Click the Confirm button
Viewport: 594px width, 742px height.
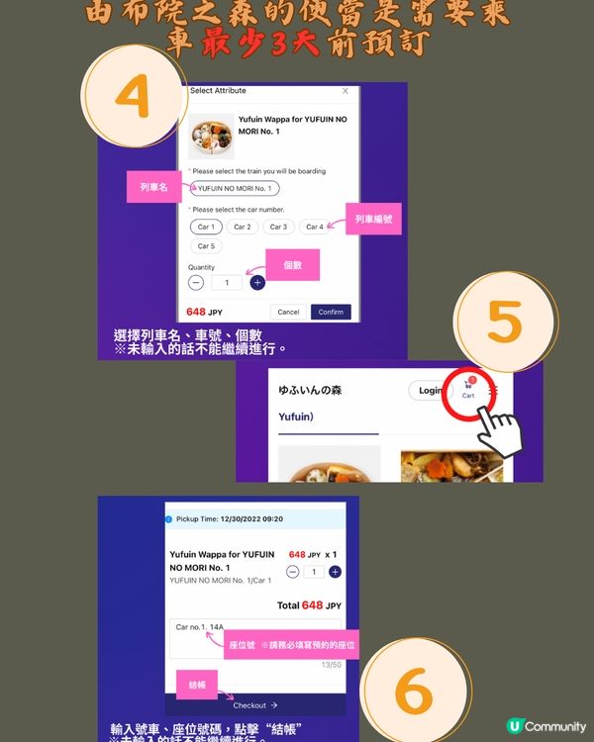(x=331, y=312)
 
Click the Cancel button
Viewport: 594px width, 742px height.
(x=288, y=312)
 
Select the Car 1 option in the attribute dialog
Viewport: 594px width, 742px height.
(x=205, y=227)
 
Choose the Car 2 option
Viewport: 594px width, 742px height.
(x=242, y=227)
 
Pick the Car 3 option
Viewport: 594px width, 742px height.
(x=278, y=227)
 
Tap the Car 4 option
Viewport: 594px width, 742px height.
(x=315, y=227)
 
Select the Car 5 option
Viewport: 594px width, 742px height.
(x=205, y=246)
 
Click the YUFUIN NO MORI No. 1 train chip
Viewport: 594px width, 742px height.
(x=235, y=188)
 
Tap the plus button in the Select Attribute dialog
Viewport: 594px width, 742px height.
(x=257, y=283)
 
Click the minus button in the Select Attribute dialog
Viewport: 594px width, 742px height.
(x=196, y=283)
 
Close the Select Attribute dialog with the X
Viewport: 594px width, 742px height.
(x=345, y=90)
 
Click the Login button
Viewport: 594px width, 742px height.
(x=430, y=391)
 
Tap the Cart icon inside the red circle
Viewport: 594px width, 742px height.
(x=468, y=388)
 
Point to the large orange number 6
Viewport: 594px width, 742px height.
(x=413, y=691)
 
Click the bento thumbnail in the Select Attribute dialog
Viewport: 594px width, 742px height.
(x=211, y=137)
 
